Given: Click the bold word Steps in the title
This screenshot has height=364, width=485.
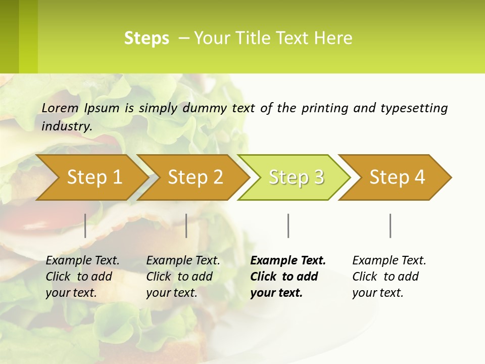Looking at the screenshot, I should click(x=147, y=38).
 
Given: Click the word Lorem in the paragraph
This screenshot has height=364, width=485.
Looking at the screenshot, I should click(x=60, y=108).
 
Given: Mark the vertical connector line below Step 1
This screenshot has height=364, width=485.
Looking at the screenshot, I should click(x=85, y=225).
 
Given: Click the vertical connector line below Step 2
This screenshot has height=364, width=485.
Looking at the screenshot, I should click(x=186, y=225).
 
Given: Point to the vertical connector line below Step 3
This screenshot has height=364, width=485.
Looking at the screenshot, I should click(x=288, y=225).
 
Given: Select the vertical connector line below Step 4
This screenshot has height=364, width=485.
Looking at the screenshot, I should click(x=390, y=225).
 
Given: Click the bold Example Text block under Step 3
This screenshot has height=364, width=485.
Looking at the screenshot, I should click(x=288, y=277).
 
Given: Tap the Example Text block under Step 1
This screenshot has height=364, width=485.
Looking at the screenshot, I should click(x=82, y=277).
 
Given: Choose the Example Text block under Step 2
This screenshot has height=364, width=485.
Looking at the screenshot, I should click(x=183, y=277).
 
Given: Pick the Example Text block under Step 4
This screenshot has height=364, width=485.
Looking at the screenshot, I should click(x=389, y=277).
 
